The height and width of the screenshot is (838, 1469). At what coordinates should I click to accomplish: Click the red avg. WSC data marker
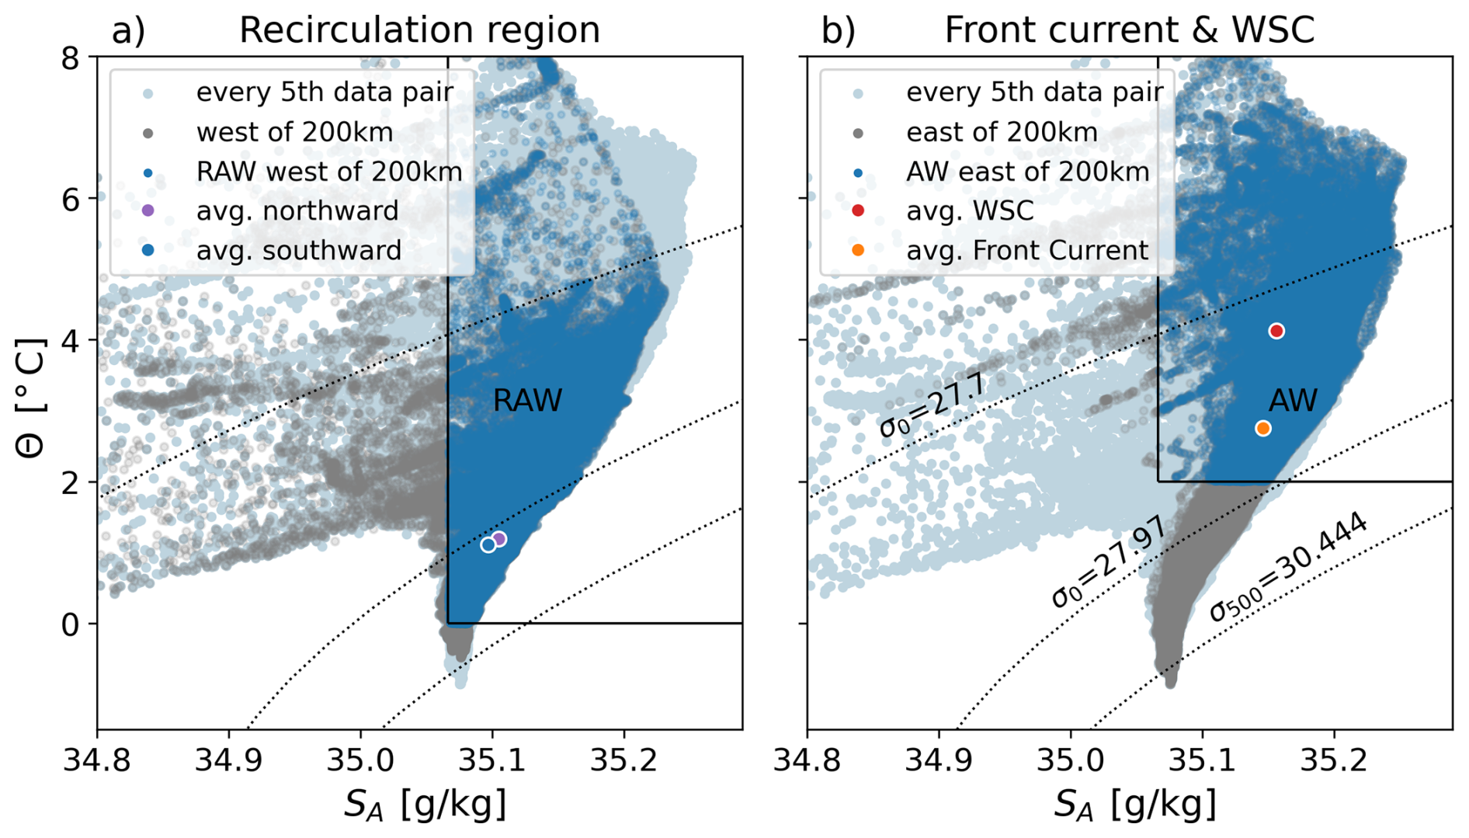(1276, 332)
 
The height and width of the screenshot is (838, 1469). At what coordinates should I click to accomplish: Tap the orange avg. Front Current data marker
(1263, 429)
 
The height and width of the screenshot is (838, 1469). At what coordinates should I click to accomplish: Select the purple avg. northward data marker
(499, 539)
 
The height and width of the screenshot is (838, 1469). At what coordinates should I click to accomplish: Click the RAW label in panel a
(527, 401)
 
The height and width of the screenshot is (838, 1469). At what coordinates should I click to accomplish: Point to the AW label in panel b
(1293, 401)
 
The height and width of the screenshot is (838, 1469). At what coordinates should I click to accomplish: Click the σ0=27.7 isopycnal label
(932, 405)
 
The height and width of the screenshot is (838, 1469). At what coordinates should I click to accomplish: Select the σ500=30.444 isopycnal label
(1288, 568)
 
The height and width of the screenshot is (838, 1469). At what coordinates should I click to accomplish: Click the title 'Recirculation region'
(419, 30)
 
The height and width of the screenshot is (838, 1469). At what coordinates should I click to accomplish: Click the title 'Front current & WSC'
(1129, 30)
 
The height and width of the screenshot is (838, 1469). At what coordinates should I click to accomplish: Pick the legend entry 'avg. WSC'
(970, 210)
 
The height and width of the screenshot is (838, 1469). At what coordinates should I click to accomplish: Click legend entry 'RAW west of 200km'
(328, 172)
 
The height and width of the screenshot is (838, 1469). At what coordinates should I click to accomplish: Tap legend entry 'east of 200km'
(1002, 132)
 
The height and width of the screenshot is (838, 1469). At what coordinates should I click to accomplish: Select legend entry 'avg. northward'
(297, 210)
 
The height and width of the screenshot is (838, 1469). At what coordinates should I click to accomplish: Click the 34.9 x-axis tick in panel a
(228, 760)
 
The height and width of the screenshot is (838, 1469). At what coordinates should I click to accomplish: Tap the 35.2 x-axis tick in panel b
(1334, 760)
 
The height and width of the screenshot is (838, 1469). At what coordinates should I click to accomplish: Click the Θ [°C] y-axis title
(31, 398)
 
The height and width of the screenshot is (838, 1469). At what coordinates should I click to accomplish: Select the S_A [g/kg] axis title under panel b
(1134, 805)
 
